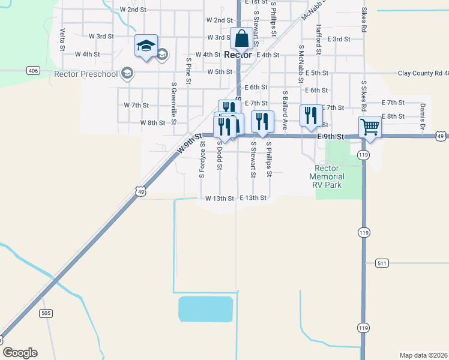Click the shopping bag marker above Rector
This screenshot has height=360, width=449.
(x=241, y=38)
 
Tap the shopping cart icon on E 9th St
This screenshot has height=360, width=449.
(x=370, y=127)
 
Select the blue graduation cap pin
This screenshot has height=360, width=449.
(x=146, y=46)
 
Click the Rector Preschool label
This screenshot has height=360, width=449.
(x=86, y=74)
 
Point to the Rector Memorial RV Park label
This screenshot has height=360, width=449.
(x=327, y=177)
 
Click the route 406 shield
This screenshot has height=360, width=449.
(x=33, y=71)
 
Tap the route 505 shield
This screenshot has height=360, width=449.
(x=46, y=313)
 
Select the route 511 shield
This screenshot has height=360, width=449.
(x=382, y=263)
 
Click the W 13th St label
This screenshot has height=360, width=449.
(x=219, y=198)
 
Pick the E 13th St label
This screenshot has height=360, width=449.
(x=253, y=197)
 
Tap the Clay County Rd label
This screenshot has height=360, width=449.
(x=423, y=73)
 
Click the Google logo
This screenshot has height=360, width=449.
(x=20, y=353)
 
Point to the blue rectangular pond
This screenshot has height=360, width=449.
(x=205, y=309)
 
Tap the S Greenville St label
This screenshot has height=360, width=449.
(x=173, y=103)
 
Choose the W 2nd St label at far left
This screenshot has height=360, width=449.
(x=133, y=10)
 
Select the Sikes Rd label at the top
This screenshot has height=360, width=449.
(x=364, y=21)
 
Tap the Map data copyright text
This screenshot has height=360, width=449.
(x=424, y=355)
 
